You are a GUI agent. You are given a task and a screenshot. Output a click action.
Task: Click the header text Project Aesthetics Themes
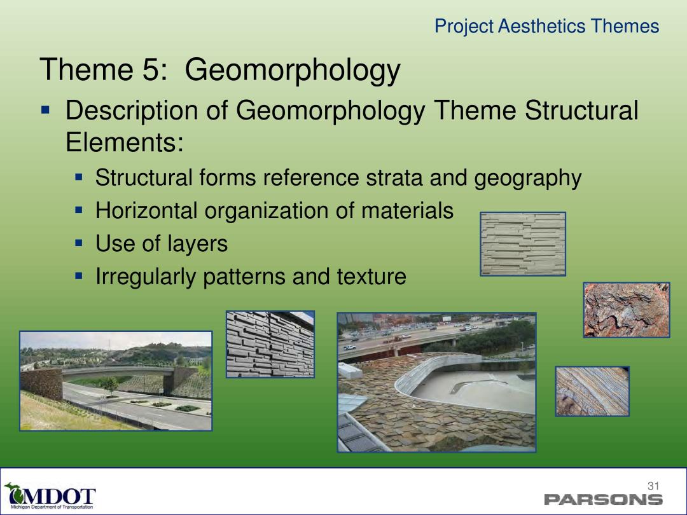[x=547, y=26]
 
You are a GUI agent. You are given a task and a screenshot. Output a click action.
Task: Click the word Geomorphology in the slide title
[x=292, y=70]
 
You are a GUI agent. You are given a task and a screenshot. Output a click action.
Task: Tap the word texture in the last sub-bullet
[x=371, y=277]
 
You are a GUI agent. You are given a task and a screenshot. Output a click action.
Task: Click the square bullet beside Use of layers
[x=79, y=244]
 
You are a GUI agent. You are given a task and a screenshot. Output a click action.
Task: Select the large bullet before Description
[x=45, y=109]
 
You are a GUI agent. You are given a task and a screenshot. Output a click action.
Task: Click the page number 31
[x=653, y=486]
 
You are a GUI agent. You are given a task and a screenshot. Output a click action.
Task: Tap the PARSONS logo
[x=603, y=499]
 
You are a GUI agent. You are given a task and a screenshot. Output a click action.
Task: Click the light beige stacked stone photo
[x=523, y=244]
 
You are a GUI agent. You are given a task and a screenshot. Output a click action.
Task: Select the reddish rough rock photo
[x=627, y=310]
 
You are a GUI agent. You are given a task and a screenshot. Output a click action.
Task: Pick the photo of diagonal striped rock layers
[x=592, y=392]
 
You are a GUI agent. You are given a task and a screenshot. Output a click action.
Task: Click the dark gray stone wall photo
[x=270, y=344]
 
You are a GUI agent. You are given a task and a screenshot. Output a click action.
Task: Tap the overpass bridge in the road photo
[x=118, y=371]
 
